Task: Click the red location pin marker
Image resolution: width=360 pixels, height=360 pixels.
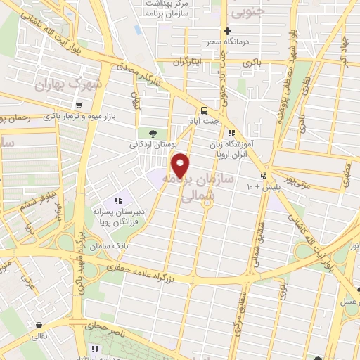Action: click(181, 165)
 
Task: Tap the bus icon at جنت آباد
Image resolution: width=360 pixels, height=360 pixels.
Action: click(204, 110)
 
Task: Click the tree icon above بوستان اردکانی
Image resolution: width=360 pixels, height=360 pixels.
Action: click(153, 132)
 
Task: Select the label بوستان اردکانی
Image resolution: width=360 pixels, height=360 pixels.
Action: click(152, 143)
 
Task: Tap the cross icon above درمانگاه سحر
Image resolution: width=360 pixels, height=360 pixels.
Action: click(226, 31)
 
